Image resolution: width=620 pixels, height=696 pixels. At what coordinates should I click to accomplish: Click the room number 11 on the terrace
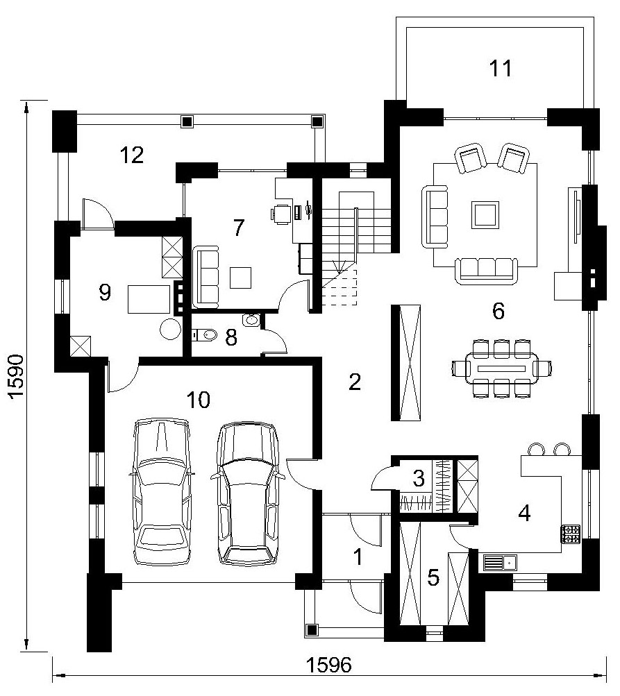point(501,68)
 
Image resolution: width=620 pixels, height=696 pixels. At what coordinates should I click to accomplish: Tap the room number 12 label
point(132,155)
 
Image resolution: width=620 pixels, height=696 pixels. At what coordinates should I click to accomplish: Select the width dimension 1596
point(329,665)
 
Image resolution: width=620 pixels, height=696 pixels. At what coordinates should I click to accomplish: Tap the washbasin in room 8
point(251,319)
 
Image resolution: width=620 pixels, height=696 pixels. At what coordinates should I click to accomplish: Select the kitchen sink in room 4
point(500,563)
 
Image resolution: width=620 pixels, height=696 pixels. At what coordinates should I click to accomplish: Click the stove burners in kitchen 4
point(571,534)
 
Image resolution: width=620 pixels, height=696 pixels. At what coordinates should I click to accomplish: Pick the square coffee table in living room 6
point(485,215)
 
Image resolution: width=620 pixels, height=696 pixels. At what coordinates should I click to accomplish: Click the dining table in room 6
point(501,368)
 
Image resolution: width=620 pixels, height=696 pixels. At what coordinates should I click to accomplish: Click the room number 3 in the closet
point(419,478)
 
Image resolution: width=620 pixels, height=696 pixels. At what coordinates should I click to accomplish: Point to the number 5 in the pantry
point(433,577)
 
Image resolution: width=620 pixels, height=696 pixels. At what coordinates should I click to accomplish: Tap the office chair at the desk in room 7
point(279,213)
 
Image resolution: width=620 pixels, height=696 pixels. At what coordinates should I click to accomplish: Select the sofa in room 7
point(206,278)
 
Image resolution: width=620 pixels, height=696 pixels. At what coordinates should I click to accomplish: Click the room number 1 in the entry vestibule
point(358,557)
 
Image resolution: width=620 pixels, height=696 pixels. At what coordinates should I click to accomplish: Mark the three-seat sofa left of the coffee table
point(435,217)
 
